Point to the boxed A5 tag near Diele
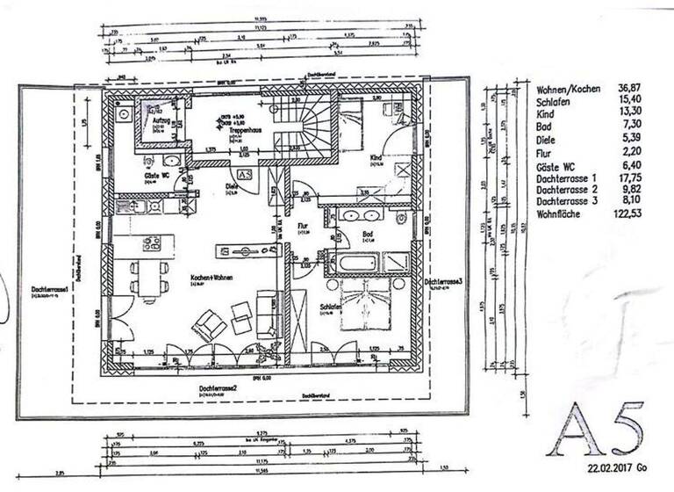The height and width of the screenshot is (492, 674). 245,176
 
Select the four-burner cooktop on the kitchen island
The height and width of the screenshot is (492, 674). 151,243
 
